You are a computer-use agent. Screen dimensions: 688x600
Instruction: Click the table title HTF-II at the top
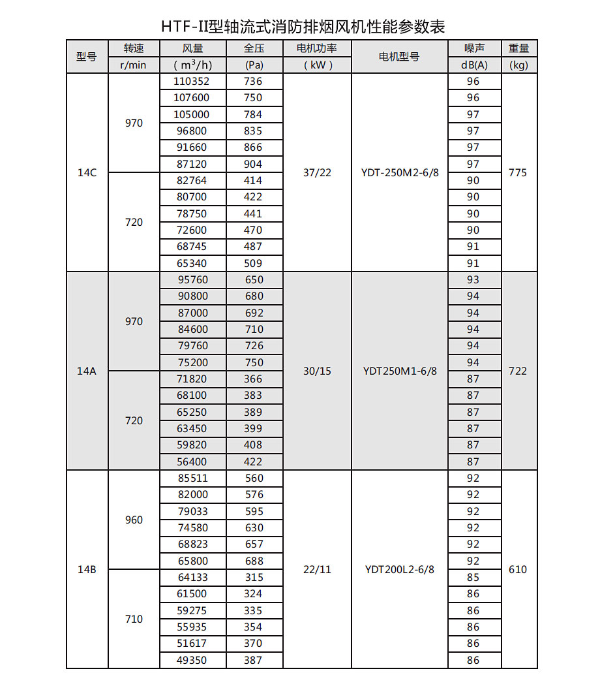tap(303, 26)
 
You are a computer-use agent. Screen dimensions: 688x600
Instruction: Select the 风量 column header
tap(193, 48)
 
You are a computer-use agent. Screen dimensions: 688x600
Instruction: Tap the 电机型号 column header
tap(399, 57)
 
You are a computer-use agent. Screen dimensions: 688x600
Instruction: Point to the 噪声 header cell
tap(474, 48)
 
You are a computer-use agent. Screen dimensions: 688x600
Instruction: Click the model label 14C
tap(87, 173)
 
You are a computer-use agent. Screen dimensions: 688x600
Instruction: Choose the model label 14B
tap(87, 569)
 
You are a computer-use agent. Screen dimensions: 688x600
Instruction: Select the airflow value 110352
tap(192, 82)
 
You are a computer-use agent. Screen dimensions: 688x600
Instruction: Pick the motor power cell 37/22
tap(317, 173)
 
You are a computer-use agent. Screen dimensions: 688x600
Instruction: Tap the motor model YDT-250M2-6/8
tap(400, 173)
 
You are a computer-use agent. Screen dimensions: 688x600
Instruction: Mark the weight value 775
tap(518, 173)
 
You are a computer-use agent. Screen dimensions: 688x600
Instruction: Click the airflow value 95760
tap(192, 279)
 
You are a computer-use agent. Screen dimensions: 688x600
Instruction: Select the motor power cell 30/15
tap(317, 371)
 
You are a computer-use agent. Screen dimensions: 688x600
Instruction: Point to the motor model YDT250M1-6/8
tap(400, 371)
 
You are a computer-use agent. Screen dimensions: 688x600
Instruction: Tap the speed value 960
tap(134, 520)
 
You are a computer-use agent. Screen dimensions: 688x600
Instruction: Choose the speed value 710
tap(134, 619)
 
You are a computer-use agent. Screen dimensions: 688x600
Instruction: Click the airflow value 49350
tap(192, 660)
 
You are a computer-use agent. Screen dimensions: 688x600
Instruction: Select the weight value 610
tap(518, 569)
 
